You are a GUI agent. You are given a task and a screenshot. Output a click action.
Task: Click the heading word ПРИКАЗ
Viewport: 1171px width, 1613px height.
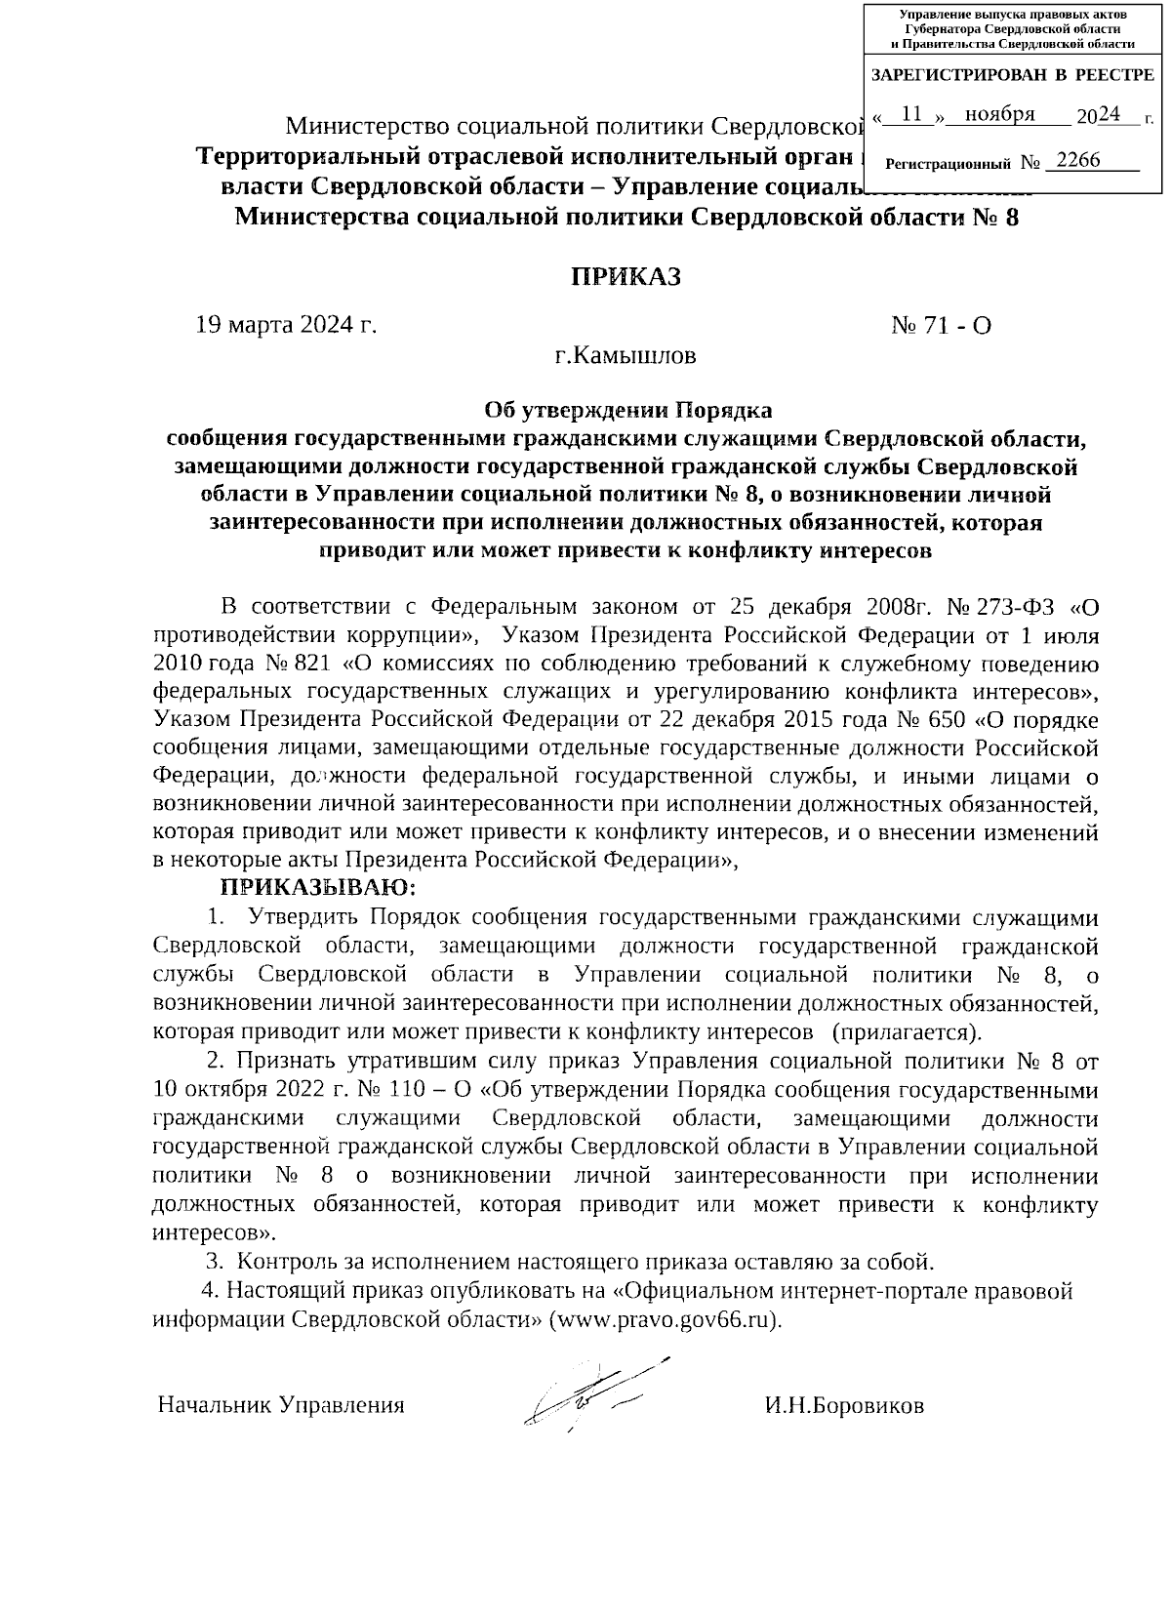click(x=626, y=277)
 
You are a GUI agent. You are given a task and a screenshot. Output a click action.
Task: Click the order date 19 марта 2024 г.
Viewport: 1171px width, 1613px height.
click(x=286, y=325)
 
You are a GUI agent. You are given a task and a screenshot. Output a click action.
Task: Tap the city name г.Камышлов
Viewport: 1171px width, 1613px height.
click(x=626, y=355)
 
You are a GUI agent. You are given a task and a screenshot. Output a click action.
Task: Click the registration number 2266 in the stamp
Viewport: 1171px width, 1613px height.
click(x=1077, y=160)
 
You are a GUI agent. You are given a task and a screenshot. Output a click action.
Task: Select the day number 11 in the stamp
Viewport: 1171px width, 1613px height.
click(x=912, y=115)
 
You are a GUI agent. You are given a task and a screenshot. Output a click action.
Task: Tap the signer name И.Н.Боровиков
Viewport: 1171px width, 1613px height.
click(x=844, y=1406)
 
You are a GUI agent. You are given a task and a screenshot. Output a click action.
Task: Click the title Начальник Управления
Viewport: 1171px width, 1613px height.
click(x=281, y=1406)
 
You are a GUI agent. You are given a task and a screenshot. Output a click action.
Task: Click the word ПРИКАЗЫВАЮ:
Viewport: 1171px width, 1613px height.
click(x=318, y=888)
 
